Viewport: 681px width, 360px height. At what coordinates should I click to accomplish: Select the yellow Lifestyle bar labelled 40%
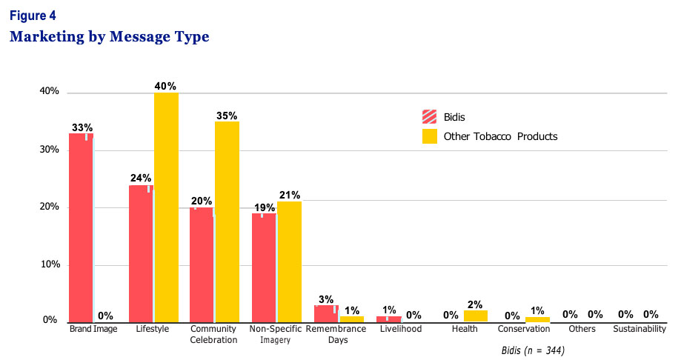(166, 207)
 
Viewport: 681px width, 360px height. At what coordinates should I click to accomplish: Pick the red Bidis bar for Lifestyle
(141, 253)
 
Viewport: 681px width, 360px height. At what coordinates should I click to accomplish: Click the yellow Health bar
(475, 316)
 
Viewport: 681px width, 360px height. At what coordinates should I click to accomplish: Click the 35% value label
(227, 116)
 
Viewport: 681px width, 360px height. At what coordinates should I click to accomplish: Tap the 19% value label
(263, 207)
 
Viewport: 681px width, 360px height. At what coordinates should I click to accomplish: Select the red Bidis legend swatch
(429, 117)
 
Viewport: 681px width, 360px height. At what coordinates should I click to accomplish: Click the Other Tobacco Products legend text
(500, 136)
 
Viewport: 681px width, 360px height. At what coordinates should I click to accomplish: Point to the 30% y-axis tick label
(49, 150)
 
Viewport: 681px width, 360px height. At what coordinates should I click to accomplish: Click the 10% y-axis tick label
(49, 264)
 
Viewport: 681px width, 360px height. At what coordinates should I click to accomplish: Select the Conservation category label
(524, 329)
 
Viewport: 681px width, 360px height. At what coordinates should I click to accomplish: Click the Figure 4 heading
(33, 15)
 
